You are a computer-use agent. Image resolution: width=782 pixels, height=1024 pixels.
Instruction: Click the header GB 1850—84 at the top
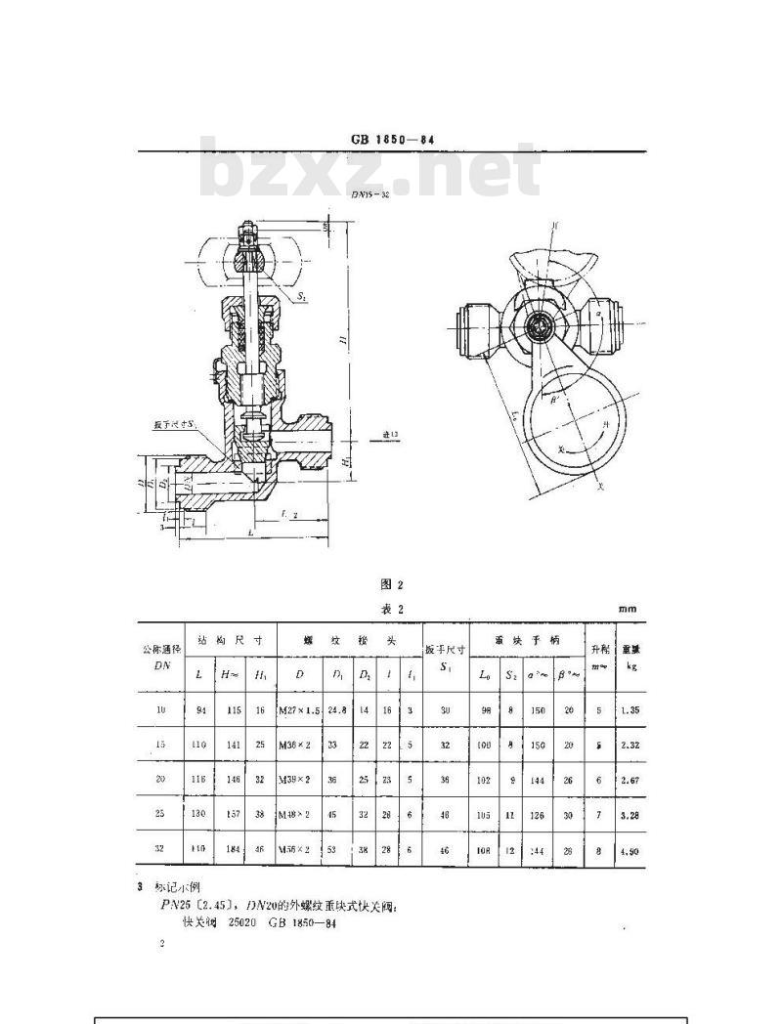coord(392,140)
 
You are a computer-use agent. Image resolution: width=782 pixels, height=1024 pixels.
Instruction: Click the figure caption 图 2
coord(391,584)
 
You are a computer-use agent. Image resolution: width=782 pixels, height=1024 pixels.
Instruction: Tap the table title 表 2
coord(391,609)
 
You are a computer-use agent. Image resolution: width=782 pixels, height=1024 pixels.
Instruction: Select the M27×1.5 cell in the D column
coord(300,710)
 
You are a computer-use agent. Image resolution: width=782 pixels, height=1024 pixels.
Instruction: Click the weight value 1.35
coord(629,710)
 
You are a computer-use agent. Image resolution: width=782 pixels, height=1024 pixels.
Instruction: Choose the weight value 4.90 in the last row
coord(629,851)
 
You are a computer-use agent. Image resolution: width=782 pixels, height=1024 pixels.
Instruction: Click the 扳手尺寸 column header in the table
coord(445,649)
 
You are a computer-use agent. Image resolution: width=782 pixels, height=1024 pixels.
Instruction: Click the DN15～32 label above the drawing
coord(369,193)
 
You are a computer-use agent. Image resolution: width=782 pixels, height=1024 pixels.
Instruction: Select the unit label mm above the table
coord(627,609)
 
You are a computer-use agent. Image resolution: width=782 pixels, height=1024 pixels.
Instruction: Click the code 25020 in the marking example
coord(245,923)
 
